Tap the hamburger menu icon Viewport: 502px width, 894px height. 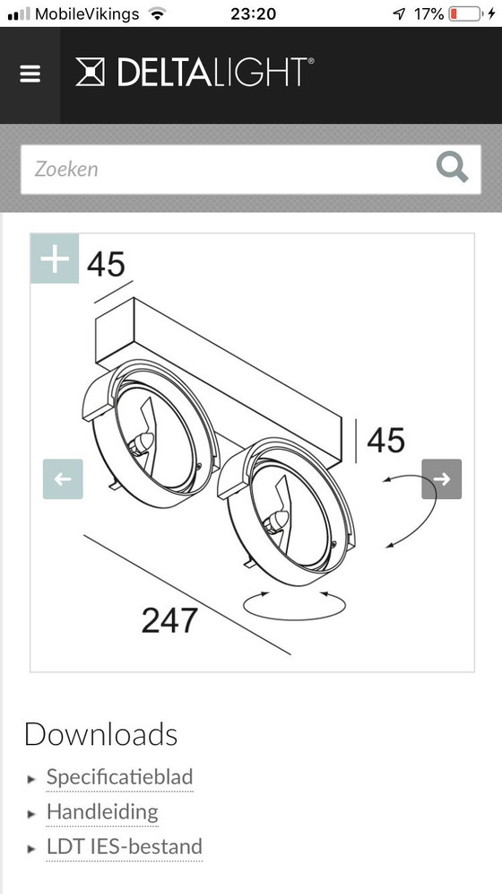(30, 74)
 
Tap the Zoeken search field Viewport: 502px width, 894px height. (224, 169)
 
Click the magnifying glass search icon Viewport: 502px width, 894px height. (451, 168)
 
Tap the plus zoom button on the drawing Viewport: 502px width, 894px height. (55, 259)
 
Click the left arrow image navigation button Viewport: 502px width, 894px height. (63, 479)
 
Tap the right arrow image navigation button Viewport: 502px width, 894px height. (442, 479)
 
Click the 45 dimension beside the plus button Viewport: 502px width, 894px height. (106, 265)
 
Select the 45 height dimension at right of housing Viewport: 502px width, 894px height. (385, 440)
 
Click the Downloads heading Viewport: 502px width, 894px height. (100, 734)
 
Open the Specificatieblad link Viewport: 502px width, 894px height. (119, 777)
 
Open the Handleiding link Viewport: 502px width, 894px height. (102, 812)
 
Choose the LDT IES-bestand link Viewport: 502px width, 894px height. (124, 846)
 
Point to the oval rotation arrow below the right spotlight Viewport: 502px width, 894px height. (295, 605)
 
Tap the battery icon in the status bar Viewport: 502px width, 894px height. (464, 13)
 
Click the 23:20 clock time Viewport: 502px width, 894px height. (254, 13)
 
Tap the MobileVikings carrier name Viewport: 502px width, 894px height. (87, 13)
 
